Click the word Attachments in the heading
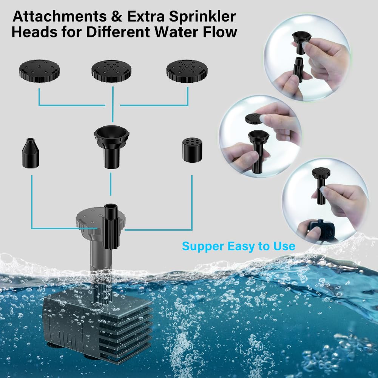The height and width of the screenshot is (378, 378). coord(60,16)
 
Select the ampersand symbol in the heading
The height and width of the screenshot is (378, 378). coord(117,17)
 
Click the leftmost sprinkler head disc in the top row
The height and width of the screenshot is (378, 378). coord(40,71)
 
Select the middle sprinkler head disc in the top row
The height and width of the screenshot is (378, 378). coord(112,71)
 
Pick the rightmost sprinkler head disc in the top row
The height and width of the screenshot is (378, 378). coord(187,71)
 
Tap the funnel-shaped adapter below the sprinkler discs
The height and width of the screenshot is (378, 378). coord(111,147)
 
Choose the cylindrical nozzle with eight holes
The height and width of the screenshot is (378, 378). coord(192,150)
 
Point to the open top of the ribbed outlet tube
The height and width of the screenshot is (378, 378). coord(110,207)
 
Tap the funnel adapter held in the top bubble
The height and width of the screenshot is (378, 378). coord(301,42)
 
